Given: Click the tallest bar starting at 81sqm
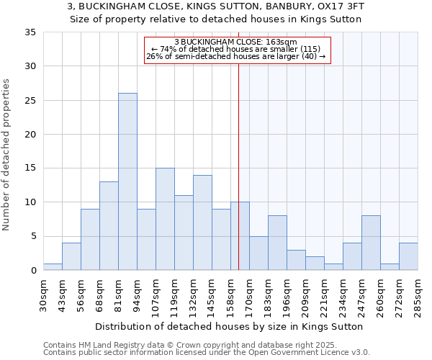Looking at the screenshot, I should click(x=127, y=181).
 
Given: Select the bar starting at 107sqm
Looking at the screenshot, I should click(x=165, y=219).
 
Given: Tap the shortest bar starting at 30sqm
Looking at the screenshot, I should click(x=53, y=266).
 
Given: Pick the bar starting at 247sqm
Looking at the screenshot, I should click(x=371, y=243).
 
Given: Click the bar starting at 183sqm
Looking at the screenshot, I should click(x=277, y=243).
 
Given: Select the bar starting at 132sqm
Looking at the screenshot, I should click(x=202, y=222).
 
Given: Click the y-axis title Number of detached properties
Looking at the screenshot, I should click(x=7, y=156).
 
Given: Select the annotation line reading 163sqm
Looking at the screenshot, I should click(x=238, y=42).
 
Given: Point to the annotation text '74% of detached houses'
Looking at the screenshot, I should click(x=238, y=49).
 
